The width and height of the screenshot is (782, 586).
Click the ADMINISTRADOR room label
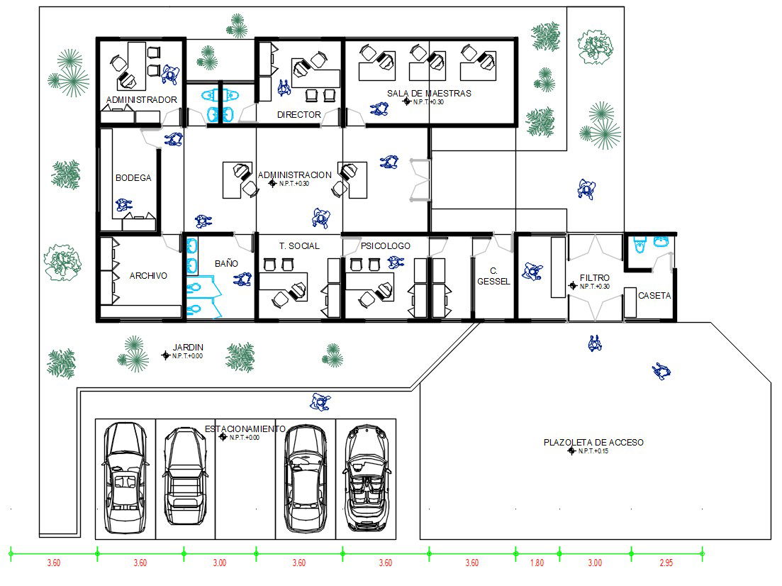(x=141, y=100)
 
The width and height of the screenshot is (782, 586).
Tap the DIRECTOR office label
(x=298, y=114)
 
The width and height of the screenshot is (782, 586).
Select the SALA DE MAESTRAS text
(x=429, y=93)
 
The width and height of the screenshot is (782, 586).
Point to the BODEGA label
(x=133, y=178)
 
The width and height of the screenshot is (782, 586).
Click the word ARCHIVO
(x=148, y=276)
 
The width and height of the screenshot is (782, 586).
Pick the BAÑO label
(x=226, y=264)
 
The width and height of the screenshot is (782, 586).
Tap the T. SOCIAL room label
(x=299, y=246)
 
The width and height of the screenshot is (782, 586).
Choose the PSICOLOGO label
(x=385, y=246)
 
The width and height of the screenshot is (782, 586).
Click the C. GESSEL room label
(x=493, y=276)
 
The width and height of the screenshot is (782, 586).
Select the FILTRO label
(x=594, y=278)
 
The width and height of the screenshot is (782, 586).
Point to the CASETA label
(x=654, y=296)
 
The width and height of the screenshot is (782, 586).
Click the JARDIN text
(x=188, y=348)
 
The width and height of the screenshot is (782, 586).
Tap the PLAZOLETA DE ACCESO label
(x=593, y=443)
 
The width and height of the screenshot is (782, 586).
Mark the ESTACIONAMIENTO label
(x=245, y=429)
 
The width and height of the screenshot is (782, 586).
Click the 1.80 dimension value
(x=537, y=563)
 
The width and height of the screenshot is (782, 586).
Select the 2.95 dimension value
(x=666, y=563)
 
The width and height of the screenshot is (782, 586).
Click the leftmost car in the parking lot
(x=125, y=478)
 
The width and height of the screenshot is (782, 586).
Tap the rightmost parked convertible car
(x=365, y=478)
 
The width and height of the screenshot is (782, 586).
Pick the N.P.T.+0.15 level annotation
(x=594, y=451)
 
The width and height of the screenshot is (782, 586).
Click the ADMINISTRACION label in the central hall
(x=294, y=175)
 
